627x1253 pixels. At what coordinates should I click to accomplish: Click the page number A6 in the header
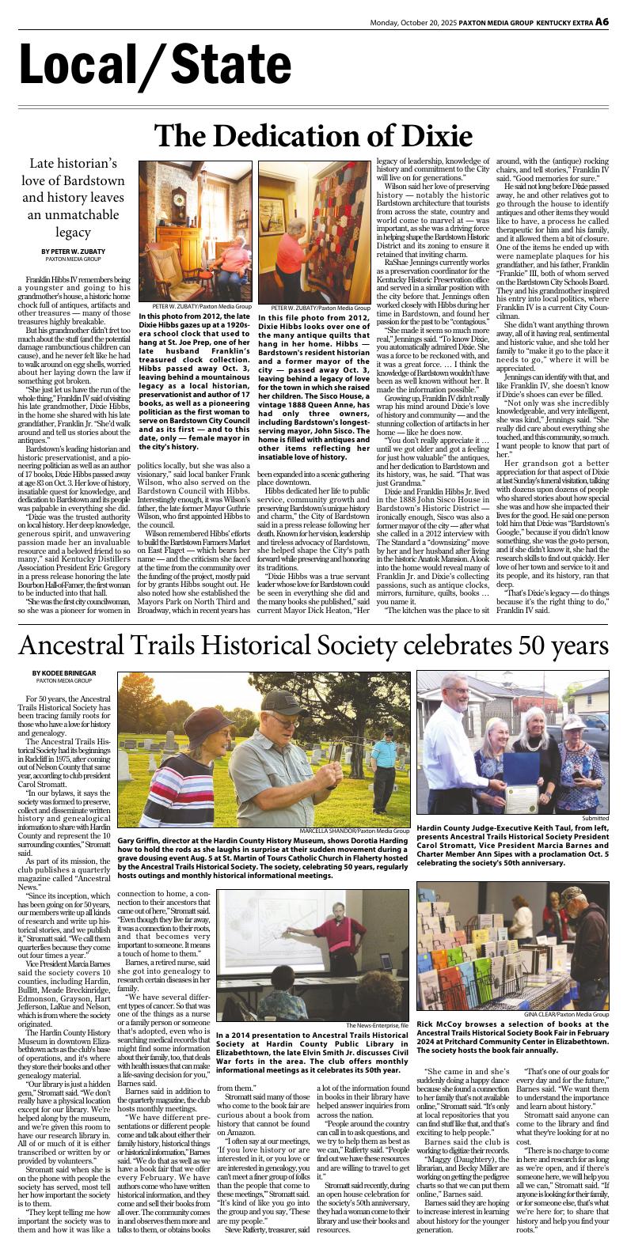click(601, 21)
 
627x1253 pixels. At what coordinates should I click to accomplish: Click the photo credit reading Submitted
click(595, 817)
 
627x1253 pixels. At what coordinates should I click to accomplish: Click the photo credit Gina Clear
click(565, 1014)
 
